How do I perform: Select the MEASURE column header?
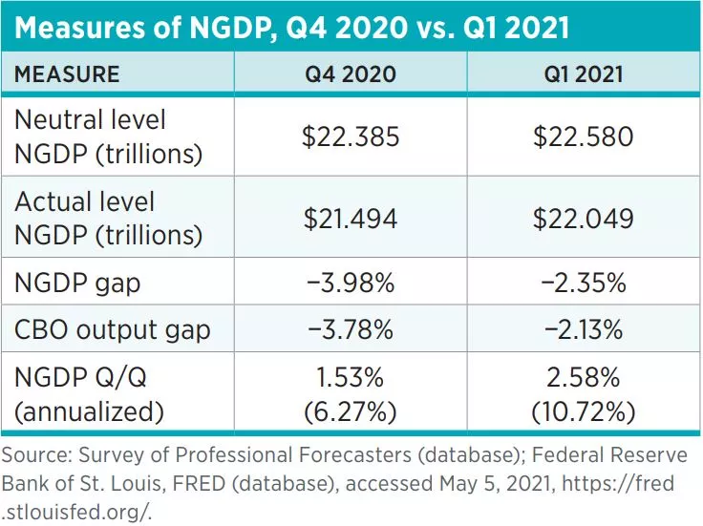pos(67,74)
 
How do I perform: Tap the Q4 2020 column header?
pos(351,74)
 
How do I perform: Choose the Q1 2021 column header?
pos(584,74)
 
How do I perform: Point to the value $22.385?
pos(351,137)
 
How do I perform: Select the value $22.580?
pos(584,137)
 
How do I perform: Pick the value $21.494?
pos(351,219)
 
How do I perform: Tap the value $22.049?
pos(584,219)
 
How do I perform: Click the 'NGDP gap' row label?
pos(75,284)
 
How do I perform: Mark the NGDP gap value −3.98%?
pos(351,284)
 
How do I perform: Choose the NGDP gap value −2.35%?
pos(584,284)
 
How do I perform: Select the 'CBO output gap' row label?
pos(113,331)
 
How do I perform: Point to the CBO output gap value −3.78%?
pos(351,331)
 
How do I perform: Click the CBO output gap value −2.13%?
pos(584,331)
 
